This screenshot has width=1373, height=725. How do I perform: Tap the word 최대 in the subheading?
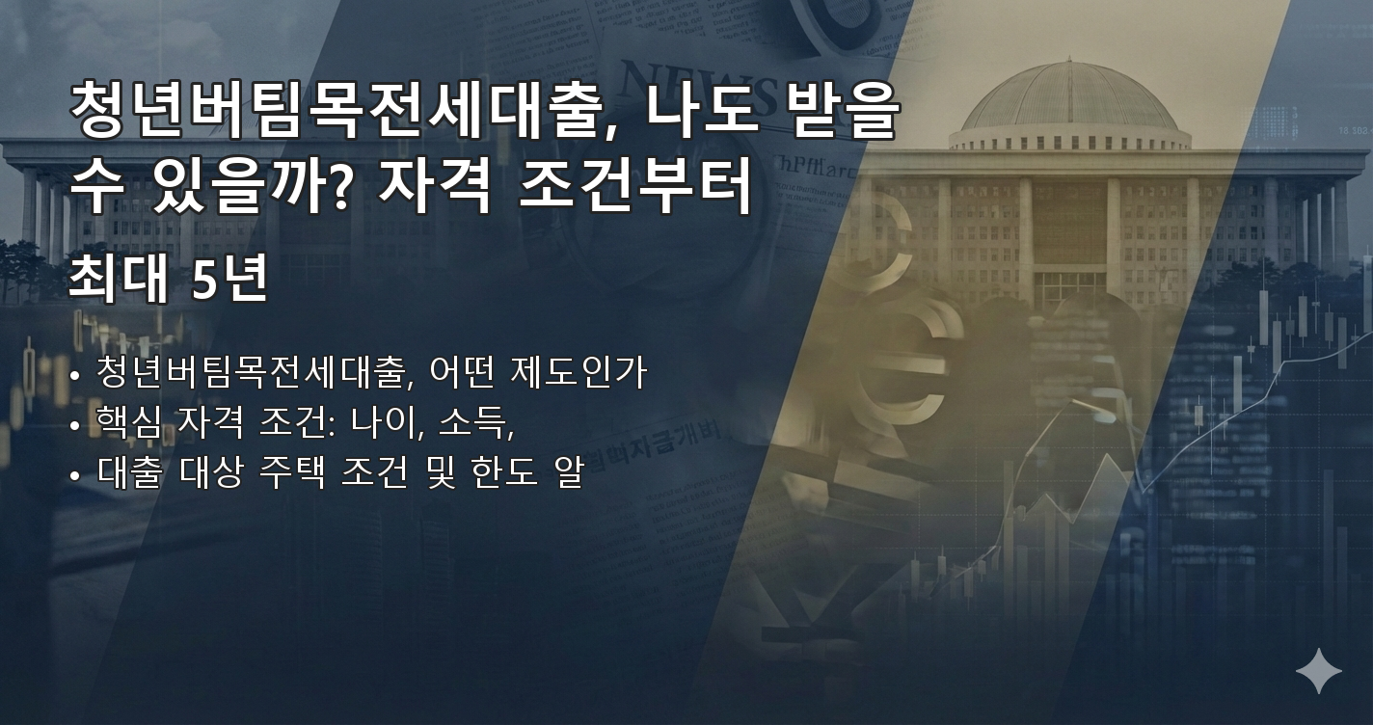click(x=117, y=280)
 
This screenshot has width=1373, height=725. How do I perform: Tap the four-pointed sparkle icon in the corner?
click(x=1318, y=671)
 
